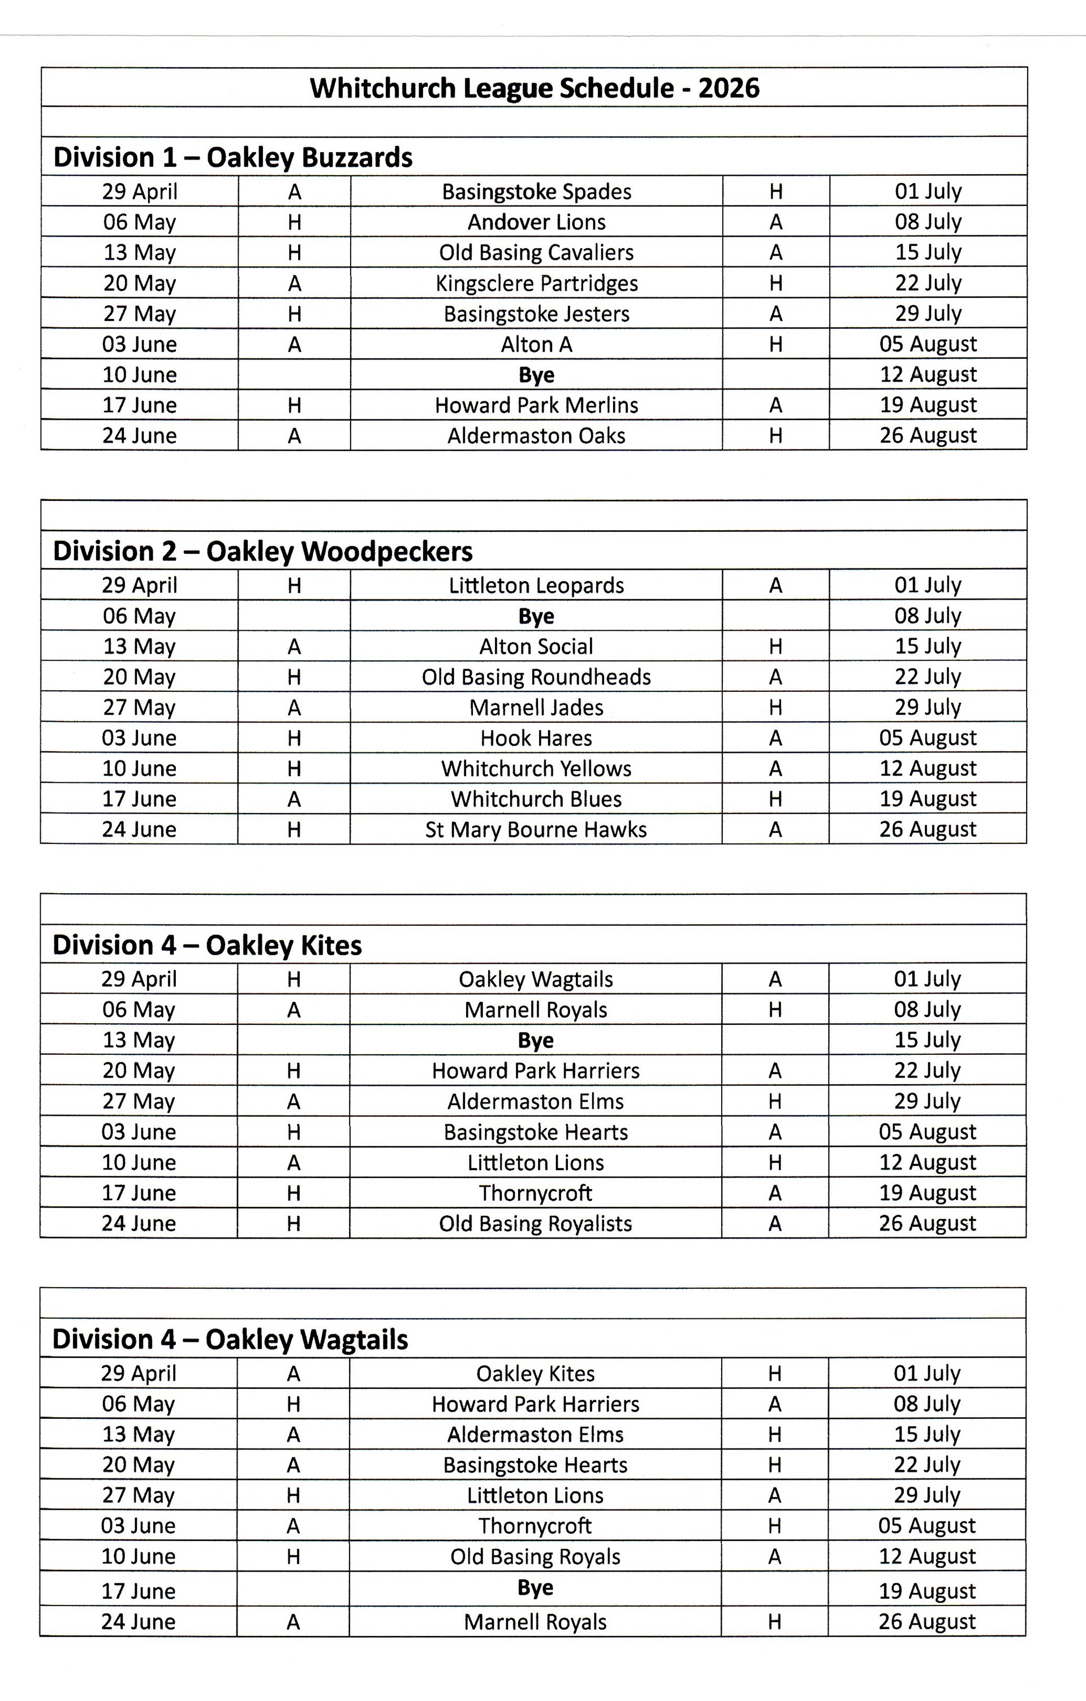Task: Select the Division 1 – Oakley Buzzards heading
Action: [x=232, y=157]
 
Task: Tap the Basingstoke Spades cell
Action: [x=536, y=192]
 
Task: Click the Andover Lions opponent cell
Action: [x=536, y=222]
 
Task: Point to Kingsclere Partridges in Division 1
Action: [x=536, y=283]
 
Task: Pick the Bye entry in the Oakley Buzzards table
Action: [x=536, y=374]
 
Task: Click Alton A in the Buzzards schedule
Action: [x=536, y=344]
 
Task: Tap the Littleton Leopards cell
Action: [x=536, y=585]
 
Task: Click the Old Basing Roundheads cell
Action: [x=536, y=677]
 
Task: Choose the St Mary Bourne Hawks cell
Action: [x=536, y=829]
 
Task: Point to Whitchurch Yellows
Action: [x=536, y=769]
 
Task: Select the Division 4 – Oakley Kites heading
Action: [x=207, y=945]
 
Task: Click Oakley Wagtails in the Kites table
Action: [x=536, y=979]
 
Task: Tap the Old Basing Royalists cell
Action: [x=536, y=1223]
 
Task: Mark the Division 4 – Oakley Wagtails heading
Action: [x=230, y=1339]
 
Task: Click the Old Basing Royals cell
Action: [x=535, y=1557]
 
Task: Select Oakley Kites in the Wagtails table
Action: [x=535, y=1373]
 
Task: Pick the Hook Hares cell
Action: [x=536, y=738]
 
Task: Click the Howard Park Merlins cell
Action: [x=536, y=405]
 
